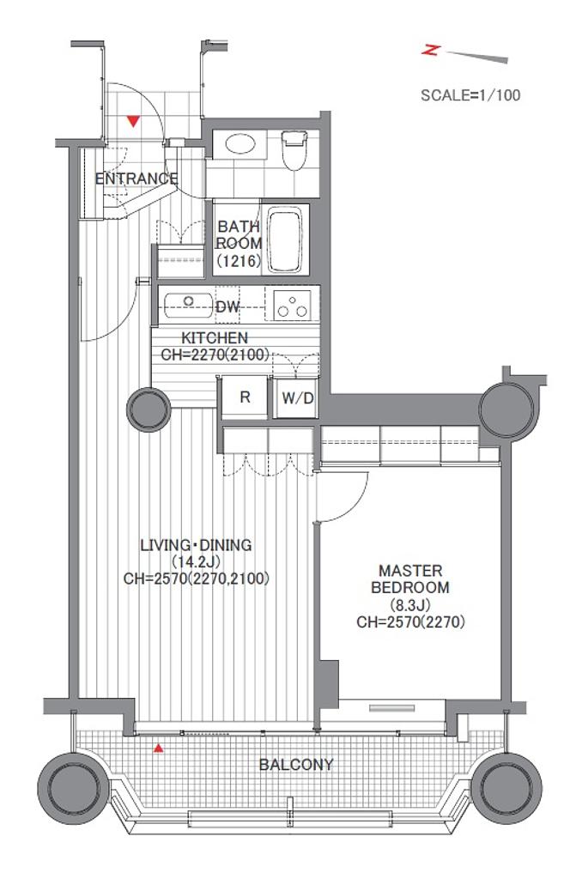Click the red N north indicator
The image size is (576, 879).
point(430,51)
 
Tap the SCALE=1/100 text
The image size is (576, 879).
point(470,94)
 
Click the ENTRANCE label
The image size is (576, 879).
point(136,179)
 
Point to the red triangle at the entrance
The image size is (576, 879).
point(133,120)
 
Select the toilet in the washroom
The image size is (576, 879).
point(295,149)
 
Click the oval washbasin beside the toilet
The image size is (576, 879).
point(240,144)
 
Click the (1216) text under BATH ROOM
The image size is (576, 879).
point(239,261)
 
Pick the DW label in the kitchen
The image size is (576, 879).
point(227,306)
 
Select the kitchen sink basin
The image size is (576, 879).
point(189,305)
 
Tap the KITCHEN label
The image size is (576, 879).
point(215,338)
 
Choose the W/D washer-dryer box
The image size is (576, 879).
point(297,398)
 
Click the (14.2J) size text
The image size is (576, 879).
point(196,561)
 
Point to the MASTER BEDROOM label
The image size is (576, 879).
point(410,579)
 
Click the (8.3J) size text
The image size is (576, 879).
point(410,605)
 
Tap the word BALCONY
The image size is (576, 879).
point(296,765)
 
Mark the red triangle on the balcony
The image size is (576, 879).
point(160,748)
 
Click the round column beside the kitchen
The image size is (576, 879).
point(149,409)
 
